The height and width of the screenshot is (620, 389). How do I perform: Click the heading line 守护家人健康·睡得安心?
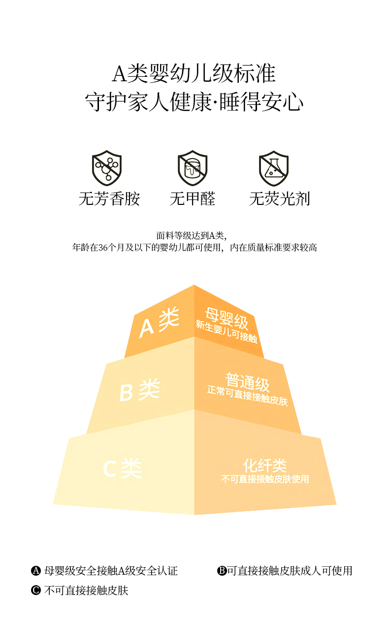pos(194,102)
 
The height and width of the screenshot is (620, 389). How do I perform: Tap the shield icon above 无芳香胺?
pos(107,168)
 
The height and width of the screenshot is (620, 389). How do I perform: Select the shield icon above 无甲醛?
pos(193,168)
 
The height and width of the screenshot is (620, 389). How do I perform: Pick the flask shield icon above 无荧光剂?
pos(274,168)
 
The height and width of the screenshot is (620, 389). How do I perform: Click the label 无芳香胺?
pos(109,199)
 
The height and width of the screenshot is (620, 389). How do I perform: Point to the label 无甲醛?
pos(193,199)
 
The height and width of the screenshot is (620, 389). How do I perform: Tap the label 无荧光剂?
pos(279,199)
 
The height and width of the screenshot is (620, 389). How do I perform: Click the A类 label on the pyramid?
pos(159,322)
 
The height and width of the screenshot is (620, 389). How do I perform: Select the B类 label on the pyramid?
pos(140,391)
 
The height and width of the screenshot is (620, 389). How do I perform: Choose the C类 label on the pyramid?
pos(122,468)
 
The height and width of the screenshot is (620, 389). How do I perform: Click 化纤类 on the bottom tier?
pos(265,465)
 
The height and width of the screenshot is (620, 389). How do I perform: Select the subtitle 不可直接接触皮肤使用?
pos(265,479)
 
